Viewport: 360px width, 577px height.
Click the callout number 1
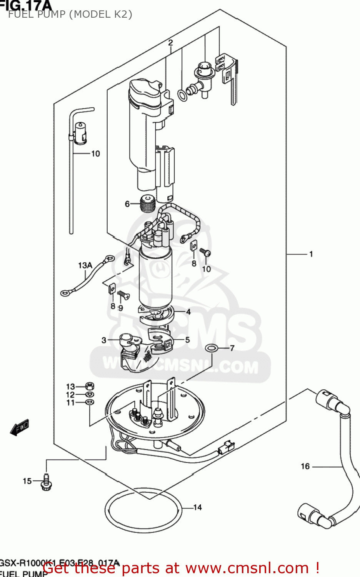tap(311, 254)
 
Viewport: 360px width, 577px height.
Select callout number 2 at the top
tap(170, 43)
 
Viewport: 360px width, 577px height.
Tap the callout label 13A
tap(85, 265)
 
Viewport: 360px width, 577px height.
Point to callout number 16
tap(305, 466)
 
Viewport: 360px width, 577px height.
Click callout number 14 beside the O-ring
tap(197, 507)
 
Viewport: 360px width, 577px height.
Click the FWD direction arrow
tap(20, 427)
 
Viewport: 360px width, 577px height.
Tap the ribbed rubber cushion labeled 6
tap(148, 204)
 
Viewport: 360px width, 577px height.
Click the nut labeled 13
tap(89, 386)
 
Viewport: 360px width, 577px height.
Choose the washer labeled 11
tap(89, 402)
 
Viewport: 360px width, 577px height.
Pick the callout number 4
tap(188, 312)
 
